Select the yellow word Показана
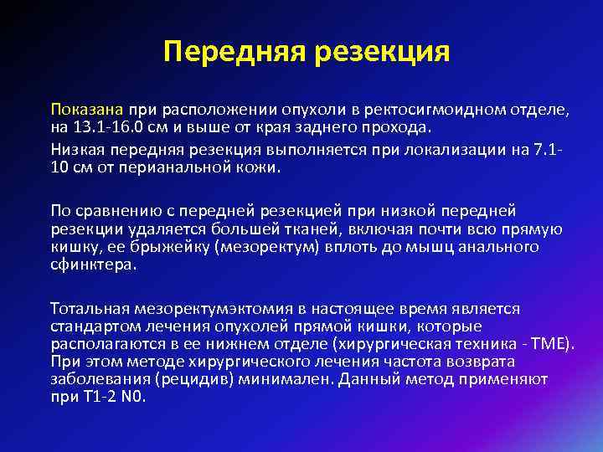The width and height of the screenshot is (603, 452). (x=87, y=110)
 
